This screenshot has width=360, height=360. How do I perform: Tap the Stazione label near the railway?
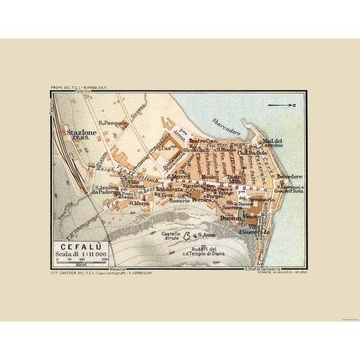coord(79,133)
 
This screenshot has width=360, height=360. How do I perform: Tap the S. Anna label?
coord(207,234)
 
